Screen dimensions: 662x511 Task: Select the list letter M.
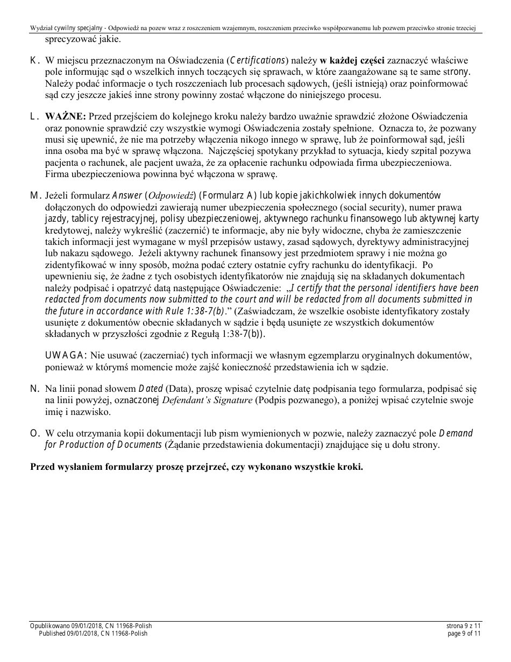(35, 195)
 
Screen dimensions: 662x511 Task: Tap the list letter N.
(34, 389)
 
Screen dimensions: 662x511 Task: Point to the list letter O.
(34, 433)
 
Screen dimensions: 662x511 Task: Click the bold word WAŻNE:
(65, 116)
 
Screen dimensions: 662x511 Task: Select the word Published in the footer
(55, 633)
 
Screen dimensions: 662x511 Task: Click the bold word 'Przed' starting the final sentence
(43, 467)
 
